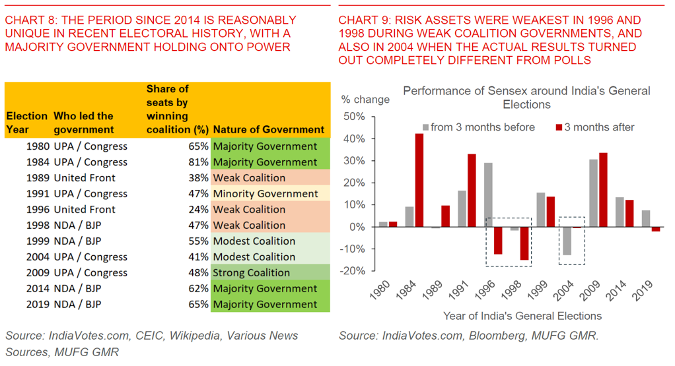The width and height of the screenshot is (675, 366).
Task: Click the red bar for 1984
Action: click(419, 180)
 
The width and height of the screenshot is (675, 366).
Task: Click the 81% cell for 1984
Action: click(198, 162)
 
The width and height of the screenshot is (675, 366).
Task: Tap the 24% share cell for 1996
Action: click(198, 210)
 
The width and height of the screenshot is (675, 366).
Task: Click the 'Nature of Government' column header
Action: click(269, 130)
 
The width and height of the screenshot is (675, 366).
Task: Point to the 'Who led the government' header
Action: click(84, 123)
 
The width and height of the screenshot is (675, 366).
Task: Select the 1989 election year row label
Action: click(38, 178)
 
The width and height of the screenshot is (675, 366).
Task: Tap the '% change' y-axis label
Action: click(365, 100)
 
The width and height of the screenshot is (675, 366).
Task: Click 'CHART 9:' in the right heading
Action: click(362, 20)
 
